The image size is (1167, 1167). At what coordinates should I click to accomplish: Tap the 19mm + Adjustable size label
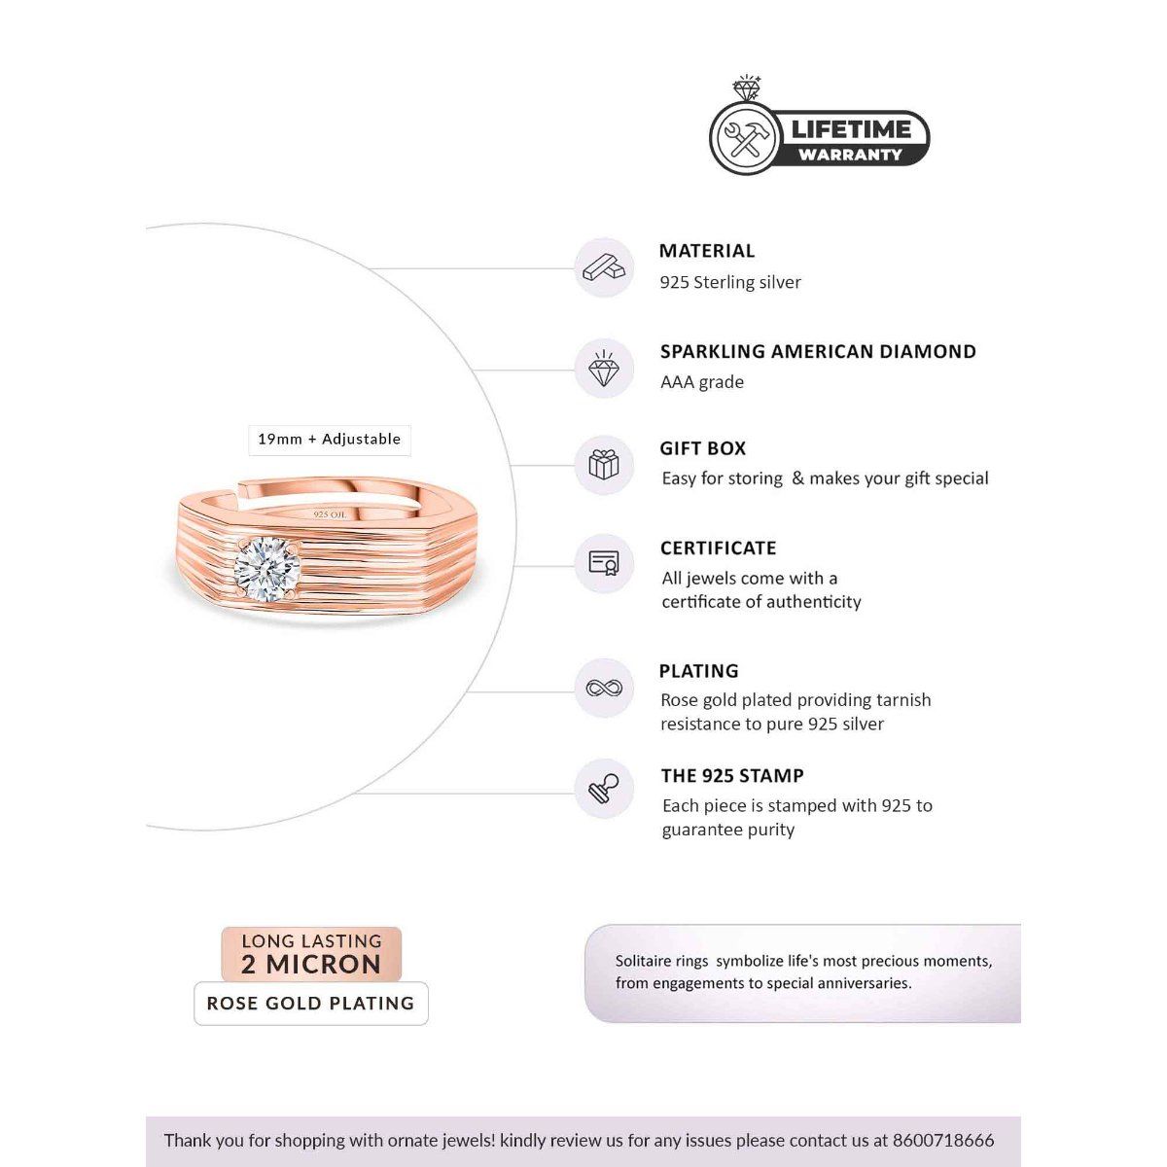[329, 440]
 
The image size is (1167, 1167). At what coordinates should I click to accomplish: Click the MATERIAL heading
[707, 251]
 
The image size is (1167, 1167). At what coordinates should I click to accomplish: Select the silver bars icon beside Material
[604, 267]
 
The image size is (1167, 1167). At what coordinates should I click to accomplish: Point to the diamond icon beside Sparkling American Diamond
[604, 369]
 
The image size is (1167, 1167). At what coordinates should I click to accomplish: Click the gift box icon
[604, 465]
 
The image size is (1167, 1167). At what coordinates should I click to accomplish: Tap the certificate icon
[604, 564]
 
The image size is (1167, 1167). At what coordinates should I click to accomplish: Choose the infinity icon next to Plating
[604, 689]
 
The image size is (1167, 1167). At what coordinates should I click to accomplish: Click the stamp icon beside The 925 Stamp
[604, 789]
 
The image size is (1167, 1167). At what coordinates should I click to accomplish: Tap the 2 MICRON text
[311, 965]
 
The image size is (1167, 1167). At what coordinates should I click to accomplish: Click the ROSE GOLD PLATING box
[311, 1004]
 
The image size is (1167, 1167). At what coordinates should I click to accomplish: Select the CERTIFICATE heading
[718, 548]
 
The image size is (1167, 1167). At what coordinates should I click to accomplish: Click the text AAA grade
[702, 382]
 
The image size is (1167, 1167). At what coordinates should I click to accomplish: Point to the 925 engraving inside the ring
[330, 513]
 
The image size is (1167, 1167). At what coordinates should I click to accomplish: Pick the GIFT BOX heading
[703, 449]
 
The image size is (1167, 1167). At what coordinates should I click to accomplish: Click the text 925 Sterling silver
[730, 283]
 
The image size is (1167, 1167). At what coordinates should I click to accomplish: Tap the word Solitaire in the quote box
[647, 961]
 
